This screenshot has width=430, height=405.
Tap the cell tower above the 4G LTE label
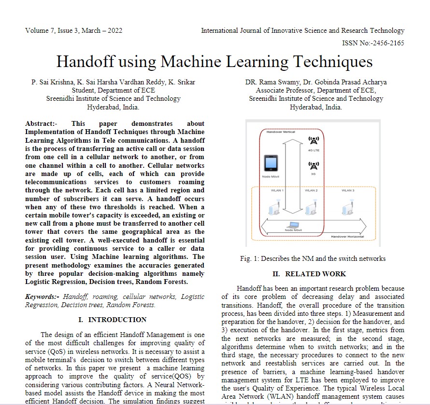point(313,141)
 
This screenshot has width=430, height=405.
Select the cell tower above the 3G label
point(313,166)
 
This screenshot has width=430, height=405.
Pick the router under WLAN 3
point(346,208)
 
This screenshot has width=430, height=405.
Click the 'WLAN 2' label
point(311,190)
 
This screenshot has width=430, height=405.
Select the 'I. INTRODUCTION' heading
point(112,320)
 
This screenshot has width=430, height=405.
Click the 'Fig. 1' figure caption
point(313,258)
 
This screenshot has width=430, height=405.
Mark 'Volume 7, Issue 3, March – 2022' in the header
point(73,31)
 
